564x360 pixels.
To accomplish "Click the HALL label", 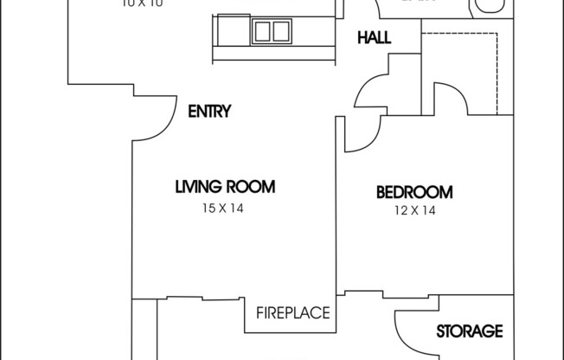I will click(374, 38).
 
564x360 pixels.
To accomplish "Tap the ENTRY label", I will click(208, 111).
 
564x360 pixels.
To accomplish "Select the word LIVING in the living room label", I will click(200, 186).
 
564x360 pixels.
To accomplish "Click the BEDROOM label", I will click(414, 192).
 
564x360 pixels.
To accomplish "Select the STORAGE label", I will click(469, 331).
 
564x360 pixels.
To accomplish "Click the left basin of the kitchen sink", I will click(262, 32).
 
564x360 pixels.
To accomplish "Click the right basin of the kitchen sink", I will click(280, 32).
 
